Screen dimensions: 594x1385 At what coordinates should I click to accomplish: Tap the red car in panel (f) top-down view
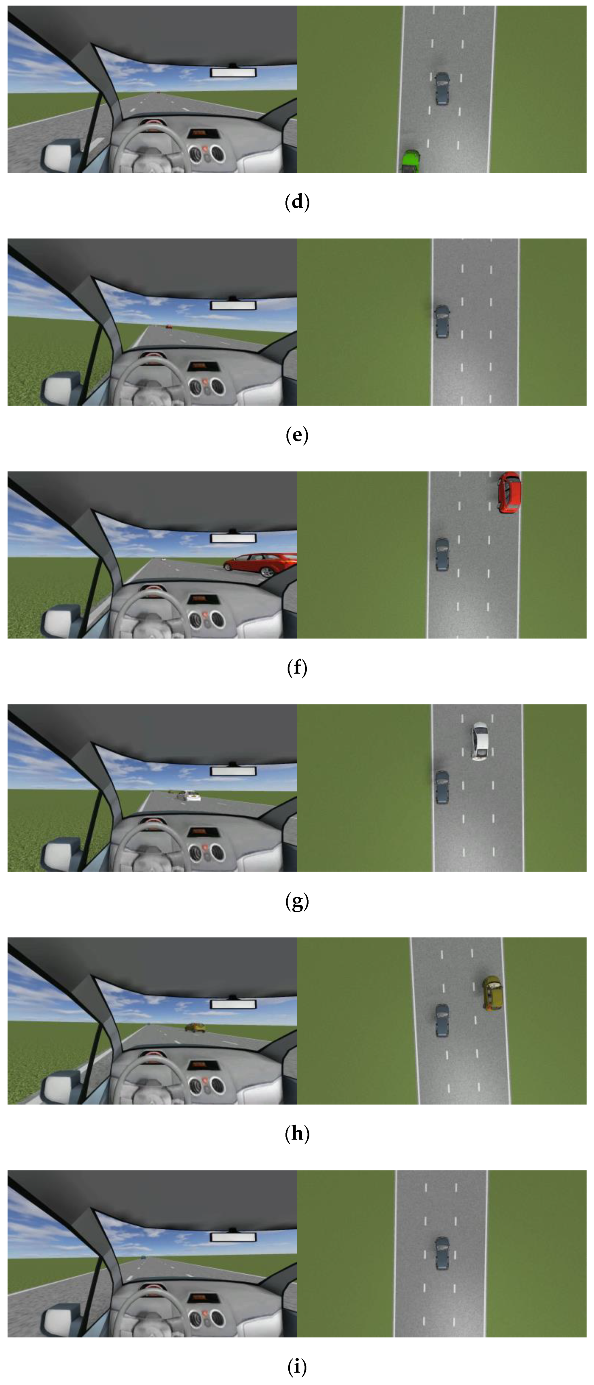pos(509,492)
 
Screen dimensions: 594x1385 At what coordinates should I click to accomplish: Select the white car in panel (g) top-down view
pos(480,741)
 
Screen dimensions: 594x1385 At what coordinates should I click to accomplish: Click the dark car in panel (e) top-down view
pos(442,322)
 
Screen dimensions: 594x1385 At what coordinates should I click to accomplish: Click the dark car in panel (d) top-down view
pos(442,89)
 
